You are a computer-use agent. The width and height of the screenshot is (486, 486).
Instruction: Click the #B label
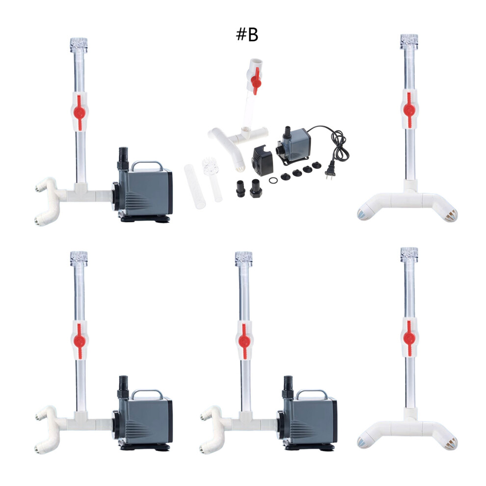(247, 34)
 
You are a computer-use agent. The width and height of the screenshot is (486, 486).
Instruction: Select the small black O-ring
(273, 180)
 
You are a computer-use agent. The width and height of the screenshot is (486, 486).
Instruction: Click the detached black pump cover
(262, 160)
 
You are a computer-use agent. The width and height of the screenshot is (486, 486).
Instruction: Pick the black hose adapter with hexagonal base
(256, 189)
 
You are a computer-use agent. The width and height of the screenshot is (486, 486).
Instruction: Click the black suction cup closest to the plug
(317, 165)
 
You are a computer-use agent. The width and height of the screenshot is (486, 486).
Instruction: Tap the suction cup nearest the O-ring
(285, 177)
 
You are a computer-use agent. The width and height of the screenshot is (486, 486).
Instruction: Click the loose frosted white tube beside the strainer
(195, 187)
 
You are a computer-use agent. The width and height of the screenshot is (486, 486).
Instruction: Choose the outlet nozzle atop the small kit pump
(288, 132)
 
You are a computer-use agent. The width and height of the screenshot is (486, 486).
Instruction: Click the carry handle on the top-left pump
(147, 165)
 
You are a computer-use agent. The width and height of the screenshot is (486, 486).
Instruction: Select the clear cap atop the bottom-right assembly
(409, 255)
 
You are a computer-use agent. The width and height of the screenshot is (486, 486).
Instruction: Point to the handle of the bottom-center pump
(312, 394)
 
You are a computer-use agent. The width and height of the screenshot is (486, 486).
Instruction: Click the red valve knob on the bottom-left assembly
(80, 341)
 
